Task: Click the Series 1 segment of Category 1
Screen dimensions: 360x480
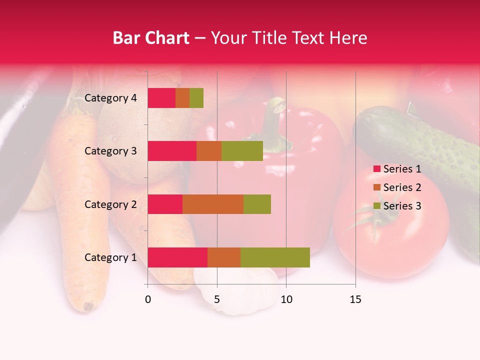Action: [177, 257]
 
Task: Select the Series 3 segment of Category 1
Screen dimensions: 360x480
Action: [275, 257]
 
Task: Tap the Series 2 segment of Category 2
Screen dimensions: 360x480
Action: [213, 204]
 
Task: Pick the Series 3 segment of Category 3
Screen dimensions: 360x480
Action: [242, 151]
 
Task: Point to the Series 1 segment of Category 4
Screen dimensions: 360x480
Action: [161, 98]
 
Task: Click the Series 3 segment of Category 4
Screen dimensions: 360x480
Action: [196, 98]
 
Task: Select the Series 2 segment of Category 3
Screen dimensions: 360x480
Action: [209, 151]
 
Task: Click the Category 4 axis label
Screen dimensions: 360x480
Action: [110, 98]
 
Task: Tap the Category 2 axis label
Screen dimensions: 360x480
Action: [110, 204]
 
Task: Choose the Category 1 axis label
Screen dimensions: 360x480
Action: [110, 257]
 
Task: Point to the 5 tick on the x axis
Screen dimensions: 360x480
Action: [217, 299]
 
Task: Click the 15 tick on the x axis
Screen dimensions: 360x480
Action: [355, 299]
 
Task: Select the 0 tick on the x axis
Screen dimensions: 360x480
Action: [148, 299]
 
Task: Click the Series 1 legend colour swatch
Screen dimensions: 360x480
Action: [376, 169]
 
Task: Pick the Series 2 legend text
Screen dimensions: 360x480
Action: [402, 187]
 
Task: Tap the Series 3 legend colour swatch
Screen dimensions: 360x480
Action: [376, 206]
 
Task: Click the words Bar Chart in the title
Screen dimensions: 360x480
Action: [151, 37]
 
